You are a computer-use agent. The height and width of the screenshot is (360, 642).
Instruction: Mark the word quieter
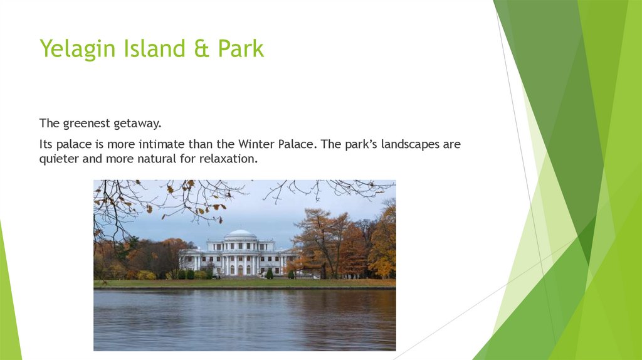pyautogui.click(x=58, y=159)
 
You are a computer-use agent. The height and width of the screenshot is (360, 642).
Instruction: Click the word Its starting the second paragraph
pyautogui.click(x=46, y=144)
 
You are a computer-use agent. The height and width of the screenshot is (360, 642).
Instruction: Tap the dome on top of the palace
pyautogui.click(x=240, y=233)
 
